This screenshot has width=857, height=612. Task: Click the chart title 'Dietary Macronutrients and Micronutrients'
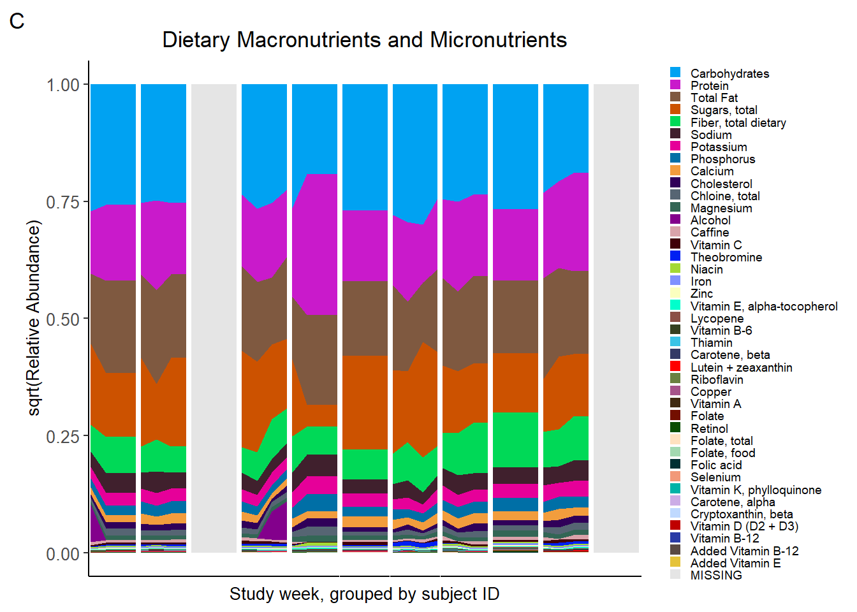(364, 40)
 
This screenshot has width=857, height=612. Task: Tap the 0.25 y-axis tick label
(62, 437)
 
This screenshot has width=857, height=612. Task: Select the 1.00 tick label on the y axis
(62, 85)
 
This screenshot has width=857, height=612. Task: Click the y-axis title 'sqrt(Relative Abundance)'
(34, 318)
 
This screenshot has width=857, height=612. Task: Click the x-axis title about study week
(364, 594)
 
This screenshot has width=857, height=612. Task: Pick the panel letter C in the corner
(17, 21)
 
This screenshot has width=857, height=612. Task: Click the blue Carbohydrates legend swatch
(675, 73)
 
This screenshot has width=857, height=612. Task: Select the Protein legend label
(709, 85)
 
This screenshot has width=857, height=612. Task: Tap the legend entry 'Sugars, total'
(724, 110)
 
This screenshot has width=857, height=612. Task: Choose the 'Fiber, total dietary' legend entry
(738, 122)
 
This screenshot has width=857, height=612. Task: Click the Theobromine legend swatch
(675, 256)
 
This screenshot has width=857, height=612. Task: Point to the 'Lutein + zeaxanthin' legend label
(741, 367)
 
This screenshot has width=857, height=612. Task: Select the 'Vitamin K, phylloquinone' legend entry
(756, 490)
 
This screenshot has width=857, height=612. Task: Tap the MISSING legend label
(716, 575)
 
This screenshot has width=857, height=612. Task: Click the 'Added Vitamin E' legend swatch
(675, 562)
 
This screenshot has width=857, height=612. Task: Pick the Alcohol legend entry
(710, 220)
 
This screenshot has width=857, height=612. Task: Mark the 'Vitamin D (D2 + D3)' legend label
(744, 526)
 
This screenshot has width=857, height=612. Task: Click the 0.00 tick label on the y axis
(62, 554)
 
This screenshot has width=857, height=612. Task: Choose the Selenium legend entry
(715, 477)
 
